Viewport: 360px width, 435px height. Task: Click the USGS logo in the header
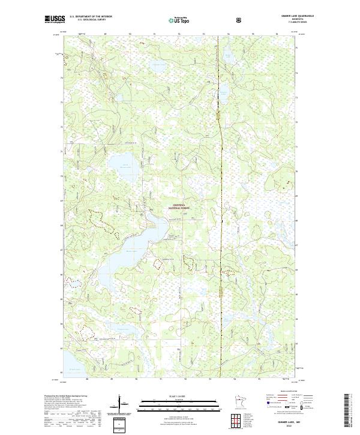55,20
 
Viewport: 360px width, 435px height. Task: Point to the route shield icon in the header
206,20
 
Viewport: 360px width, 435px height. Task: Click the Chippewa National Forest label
181,205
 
